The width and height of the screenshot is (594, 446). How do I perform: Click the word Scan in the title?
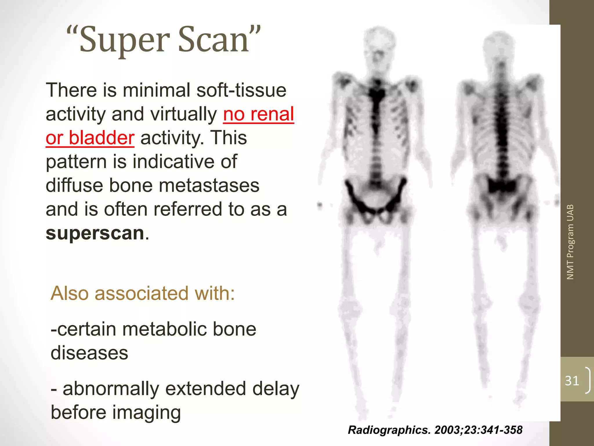click(x=213, y=40)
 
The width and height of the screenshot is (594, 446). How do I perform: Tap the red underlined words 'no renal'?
click(x=258, y=114)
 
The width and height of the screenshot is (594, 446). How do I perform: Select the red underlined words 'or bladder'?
click(x=90, y=138)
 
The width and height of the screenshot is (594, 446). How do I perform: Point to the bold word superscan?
click(x=95, y=233)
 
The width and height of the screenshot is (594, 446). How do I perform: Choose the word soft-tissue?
click(x=241, y=90)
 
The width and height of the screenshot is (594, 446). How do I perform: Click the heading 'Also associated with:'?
click(x=142, y=293)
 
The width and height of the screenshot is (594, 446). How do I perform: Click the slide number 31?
click(x=572, y=381)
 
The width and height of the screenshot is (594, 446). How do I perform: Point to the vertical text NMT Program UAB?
click(x=570, y=242)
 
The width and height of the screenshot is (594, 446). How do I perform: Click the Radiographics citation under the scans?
click(x=435, y=430)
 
